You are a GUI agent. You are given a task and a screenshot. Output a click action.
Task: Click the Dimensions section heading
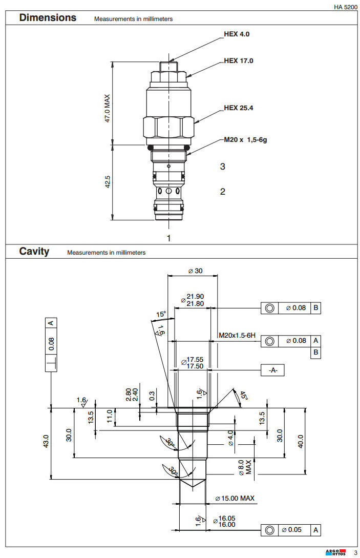click(48, 18)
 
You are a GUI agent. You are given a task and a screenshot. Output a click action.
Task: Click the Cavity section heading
click(34, 252)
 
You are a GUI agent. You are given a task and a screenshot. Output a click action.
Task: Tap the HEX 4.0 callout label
click(237, 35)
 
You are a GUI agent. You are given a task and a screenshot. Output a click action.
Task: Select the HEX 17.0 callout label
click(239, 61)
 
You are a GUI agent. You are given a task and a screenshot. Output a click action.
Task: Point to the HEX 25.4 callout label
click(239, 108)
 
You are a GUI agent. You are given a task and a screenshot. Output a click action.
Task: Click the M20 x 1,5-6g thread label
click(245, 139)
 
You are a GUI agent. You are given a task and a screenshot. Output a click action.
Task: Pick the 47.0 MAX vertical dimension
click(108, 108)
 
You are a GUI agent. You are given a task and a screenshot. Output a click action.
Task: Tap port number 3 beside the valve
click(222, 167)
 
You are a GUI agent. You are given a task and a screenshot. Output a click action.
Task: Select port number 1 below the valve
click(168, 238)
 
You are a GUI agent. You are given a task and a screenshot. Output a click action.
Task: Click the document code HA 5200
click(345, 7)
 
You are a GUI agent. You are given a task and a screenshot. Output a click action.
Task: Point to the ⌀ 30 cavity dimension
click(194, 271)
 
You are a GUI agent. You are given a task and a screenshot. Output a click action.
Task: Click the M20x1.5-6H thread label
click(237, 335)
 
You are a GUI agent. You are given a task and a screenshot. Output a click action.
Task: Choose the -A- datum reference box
click(272, 369)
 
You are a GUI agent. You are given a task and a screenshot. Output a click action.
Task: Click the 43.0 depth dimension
click(46, 441)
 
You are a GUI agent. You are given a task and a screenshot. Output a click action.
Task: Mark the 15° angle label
click(161, 314)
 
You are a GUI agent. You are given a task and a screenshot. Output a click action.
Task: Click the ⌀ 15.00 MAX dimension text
click(235, 498)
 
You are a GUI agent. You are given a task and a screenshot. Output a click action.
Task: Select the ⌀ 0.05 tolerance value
click(295, 530)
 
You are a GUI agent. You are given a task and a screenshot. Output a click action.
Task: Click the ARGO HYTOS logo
click(335, 552)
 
